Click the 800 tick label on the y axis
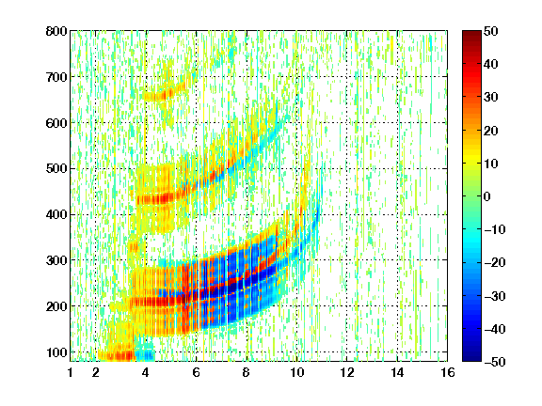coord(56,31)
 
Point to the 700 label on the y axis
coord(56,77)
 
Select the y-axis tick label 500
coord(56,169)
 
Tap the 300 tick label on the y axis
coord(56,260)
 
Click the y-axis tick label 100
coord(56,352)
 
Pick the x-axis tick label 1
coord(71,372)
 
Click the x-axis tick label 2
coord(95,372)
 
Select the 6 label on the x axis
coord(196,372)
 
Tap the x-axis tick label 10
coord(296,372)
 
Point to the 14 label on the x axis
coord(397,372)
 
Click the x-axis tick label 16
coord(447,372)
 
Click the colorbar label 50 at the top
coord(490,31)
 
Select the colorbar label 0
coord(487,196)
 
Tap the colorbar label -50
coord(495,362)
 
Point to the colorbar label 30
coord(490,98)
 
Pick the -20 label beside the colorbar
coord(495,262)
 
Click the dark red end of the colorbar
coord(471,34)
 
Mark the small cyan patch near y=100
coord(145,354)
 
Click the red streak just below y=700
coord(166,92)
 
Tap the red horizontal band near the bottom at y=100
coord(117,356)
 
